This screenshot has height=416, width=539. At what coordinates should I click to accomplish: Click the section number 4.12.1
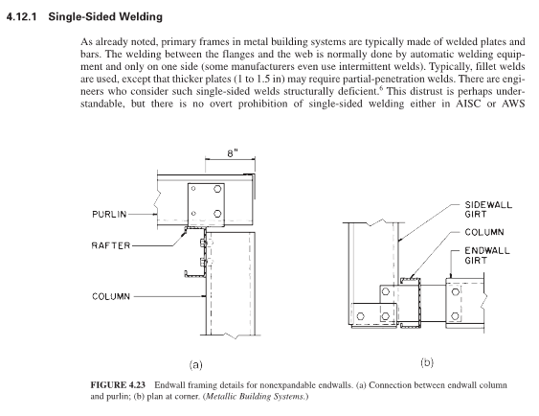point(21,16)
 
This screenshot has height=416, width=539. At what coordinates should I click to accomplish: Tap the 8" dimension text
point(233,153)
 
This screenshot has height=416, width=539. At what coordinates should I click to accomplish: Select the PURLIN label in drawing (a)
point(109,215)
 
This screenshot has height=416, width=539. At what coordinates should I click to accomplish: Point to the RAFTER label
point(111,245)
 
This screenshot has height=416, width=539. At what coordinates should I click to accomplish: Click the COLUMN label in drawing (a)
point(111,296)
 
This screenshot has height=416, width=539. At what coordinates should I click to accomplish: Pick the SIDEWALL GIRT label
point(488,210)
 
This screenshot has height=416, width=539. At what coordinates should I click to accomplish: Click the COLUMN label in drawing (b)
point(484,233)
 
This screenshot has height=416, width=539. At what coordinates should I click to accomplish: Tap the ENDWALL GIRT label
point(486,256)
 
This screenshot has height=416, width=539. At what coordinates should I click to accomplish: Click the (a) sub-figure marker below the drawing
point(196,365)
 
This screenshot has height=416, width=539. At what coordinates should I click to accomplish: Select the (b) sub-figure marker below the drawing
point(427,362)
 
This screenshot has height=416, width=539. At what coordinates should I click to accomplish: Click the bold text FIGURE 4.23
point(118,385)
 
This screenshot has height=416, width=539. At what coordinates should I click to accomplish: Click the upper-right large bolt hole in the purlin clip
point(217,189)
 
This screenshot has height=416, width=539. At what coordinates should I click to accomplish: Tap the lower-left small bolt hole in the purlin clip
point(193,214)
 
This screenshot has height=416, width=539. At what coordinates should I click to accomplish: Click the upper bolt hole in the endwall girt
point(456,292)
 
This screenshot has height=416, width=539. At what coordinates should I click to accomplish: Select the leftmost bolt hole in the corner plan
point(360,316)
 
